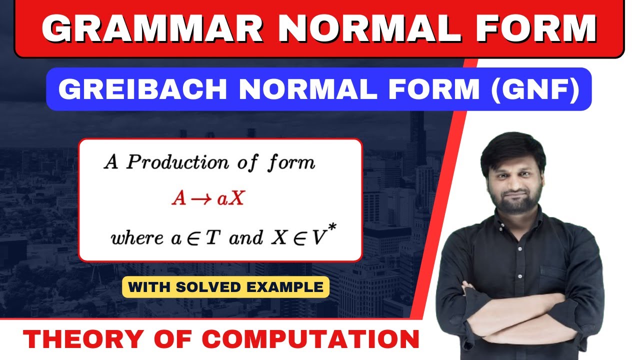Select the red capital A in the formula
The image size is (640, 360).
178,199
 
